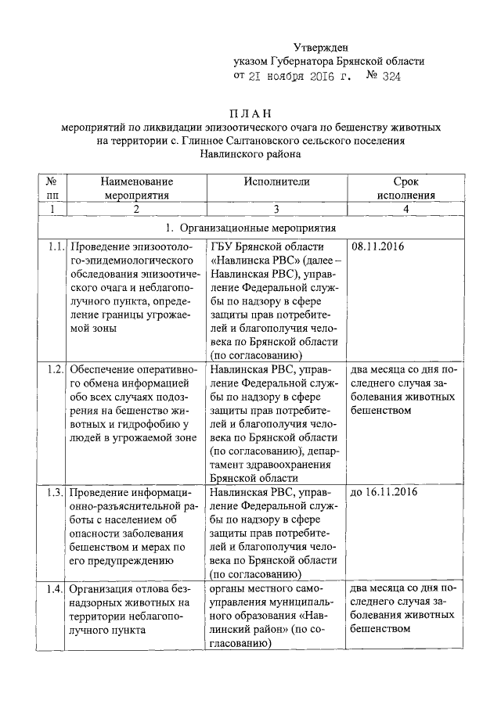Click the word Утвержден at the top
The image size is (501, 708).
[x=321, y=49]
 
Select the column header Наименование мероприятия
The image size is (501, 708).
[x=136, y=188]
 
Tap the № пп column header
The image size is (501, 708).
[x=52, y=188]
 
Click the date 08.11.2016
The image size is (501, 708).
[x=379, y=247]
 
